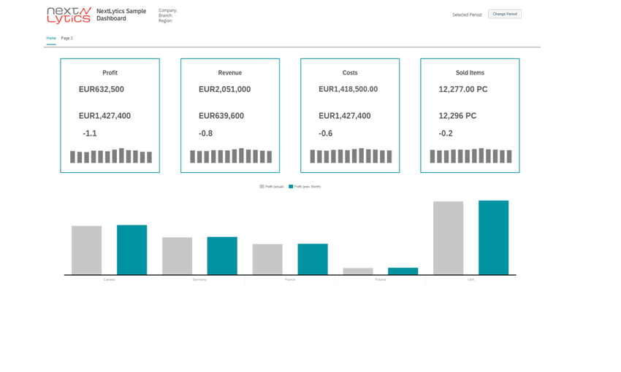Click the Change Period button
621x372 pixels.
tap(505, 14)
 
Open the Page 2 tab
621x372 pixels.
tap(66, 38)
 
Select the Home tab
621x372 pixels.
tap(51, 38)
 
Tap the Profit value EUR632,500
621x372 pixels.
tap(102, 89)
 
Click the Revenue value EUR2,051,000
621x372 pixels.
tap(224, 89)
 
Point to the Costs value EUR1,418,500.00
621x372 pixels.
tap(348, 89)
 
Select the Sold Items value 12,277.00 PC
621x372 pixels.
tap(462, 89)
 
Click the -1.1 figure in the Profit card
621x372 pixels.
tap(90, 133)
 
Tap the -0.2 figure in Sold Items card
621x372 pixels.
tap(446, 133)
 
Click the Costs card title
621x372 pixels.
tap(350, 73)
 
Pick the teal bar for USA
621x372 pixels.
tap(493, 238)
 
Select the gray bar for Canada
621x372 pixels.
tap(86, 250)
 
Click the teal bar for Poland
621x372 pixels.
tap(403, 271)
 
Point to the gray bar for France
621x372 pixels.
tap(267, 259)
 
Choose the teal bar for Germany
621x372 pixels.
tap(222, 256)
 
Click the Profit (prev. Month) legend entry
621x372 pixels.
tap(305, 187)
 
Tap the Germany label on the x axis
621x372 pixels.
tap(199, 279)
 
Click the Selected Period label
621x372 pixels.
tap(467, 15)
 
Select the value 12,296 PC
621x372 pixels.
tap(457, 116)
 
